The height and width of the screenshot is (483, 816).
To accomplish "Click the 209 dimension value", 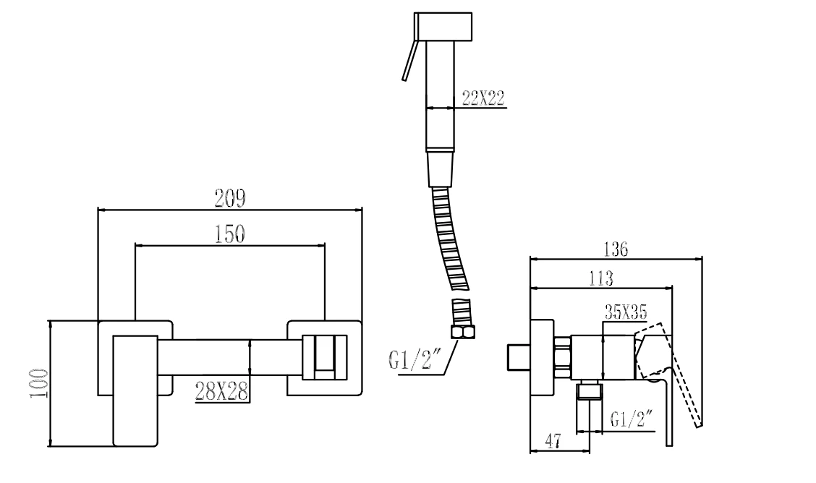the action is (229, 197).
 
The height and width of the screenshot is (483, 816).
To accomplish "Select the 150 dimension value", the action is (229, 234).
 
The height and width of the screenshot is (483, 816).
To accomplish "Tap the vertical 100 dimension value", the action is (38, 383).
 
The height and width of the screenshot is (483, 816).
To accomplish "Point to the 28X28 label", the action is (221, 391).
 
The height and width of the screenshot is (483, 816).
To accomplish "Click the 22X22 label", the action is (483, 97).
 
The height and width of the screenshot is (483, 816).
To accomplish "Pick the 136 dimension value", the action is (616, 249).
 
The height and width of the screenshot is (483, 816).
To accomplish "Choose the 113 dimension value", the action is (600, 278).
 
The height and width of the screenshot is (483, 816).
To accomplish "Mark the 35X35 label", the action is (626, 312).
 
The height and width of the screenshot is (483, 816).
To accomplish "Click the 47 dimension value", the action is (553, 441).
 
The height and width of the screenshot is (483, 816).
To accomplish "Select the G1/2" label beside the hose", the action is (415, 360).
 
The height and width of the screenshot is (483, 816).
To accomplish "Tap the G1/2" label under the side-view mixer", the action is (632, 419).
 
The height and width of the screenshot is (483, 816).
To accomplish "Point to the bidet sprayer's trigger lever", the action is (409, 60).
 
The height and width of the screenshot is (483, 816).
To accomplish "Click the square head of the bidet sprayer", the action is (443, 27).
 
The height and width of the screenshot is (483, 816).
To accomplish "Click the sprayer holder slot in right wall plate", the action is (326, 357).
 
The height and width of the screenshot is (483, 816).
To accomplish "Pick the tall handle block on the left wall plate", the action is (135, 390).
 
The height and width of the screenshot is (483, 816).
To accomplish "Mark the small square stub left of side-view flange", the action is (519, 357).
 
